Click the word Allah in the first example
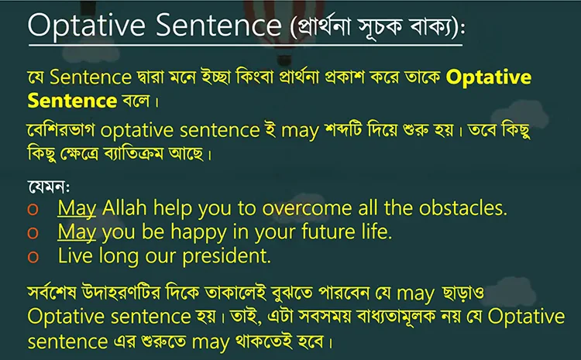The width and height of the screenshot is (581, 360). point(125,208)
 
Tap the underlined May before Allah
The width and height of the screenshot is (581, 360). point(77,208)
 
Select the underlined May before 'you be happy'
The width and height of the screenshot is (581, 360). point(77,231)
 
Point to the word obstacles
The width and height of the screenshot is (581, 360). point(462,208)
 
